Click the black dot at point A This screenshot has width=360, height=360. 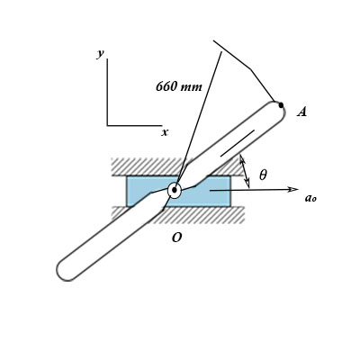click(281, 105)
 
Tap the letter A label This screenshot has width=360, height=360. click(302, 112)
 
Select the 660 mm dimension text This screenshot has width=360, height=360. click(179, 87)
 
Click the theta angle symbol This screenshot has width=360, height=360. click(263, 175)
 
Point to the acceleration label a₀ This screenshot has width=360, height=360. click(310, 198)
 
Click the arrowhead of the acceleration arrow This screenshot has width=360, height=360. click(292, 189)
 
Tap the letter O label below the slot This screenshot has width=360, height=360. click(176, 238)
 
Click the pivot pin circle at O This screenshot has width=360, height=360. click(175, 190)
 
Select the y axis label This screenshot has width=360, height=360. click(101, 54)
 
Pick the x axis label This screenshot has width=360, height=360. click(165, 132)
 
